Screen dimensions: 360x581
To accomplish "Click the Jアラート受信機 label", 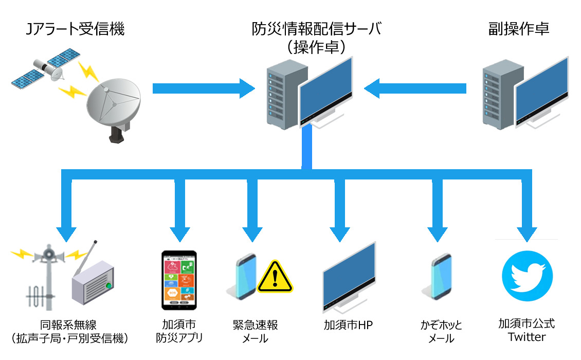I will (75, 29).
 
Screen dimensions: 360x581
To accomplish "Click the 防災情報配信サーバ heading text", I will (317, 29).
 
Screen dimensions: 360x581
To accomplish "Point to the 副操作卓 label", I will (518, 29).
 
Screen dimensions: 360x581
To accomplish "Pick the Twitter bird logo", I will (527, 276).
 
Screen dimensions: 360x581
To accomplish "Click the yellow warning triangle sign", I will (275, 277).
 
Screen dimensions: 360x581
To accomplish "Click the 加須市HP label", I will (348, 325).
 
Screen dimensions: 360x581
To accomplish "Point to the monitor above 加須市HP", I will (349, 278).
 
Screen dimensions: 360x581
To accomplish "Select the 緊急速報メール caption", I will (255, 331).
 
